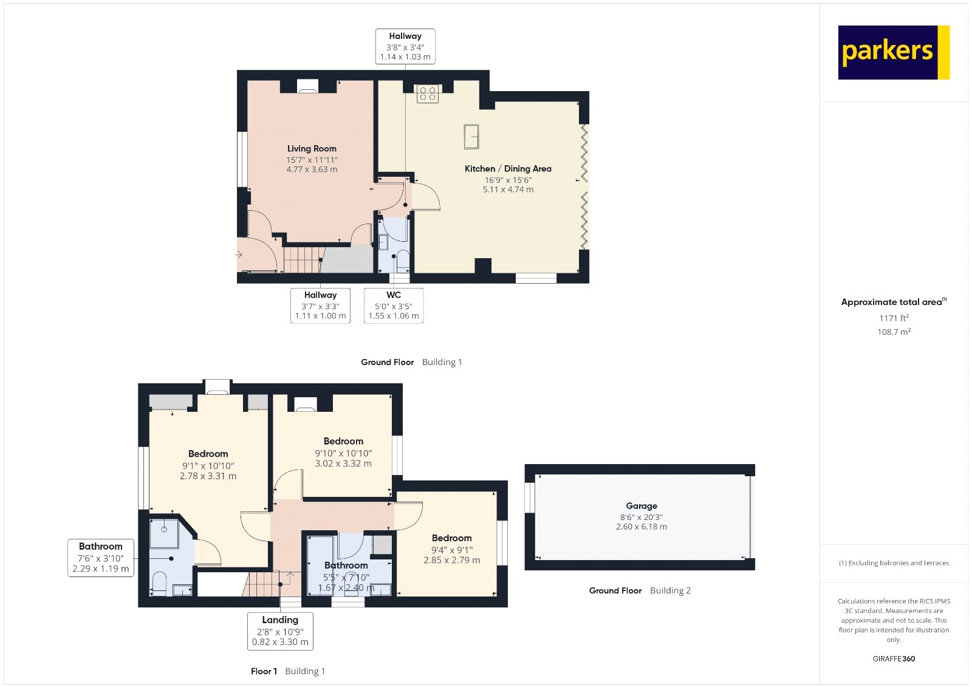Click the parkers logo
pos(894,52)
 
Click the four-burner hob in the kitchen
pos(428,94)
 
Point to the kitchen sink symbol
pos(471,136)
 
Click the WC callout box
pos(394,306)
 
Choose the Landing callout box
pos(280,631)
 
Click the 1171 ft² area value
pos(894,318)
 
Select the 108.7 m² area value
pos(894,332)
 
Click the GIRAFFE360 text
pos(894,658)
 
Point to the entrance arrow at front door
pos(238,255)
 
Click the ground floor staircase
pos(304,259)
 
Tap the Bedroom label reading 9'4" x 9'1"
pos(452,549)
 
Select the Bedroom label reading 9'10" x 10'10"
pos(343,452)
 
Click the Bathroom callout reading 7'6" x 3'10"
pos(101,558)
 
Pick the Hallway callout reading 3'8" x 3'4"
pos(405,46)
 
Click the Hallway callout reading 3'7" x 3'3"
pos(320,306)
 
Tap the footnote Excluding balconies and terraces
pos(894,563)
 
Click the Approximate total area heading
pos(894,302)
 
